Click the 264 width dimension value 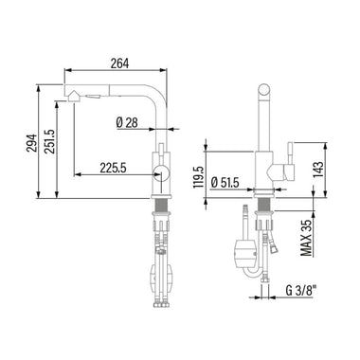[x=119, y=63]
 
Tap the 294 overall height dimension [x=31, y=143]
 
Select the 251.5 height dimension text [x=49, y=141]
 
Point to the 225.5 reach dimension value [x=113, y=168]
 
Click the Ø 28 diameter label [x=127, y=122]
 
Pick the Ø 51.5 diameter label [x=225, y=183]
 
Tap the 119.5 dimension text [x=199, y=177]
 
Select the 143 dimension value [x=318, y=170]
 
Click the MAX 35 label [x=306, y=238]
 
